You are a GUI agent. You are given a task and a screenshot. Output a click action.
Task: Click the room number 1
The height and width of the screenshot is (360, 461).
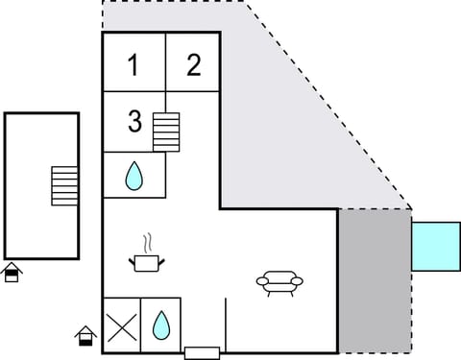pos(133,65)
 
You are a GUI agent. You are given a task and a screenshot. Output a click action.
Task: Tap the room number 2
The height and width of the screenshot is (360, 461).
pos(194,65)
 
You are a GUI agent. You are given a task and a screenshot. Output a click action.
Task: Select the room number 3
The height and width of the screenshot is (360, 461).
pos(134,122)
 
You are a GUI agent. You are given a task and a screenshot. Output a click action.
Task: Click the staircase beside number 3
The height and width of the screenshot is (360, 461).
pos(166,132)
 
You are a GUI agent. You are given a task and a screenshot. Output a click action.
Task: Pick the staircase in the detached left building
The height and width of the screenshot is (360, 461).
pos(64,184)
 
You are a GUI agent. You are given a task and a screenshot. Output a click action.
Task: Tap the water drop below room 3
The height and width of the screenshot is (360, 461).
pos(134,175)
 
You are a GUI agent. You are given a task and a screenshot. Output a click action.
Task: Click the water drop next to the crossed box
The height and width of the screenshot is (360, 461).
pos(161,326)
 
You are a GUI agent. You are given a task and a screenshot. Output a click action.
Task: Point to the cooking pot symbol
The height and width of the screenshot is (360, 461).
pos(145,262)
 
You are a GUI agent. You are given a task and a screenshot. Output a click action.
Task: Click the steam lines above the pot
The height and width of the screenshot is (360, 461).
pos(146,241)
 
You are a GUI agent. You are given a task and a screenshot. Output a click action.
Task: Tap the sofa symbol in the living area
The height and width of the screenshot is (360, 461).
pos(279,281)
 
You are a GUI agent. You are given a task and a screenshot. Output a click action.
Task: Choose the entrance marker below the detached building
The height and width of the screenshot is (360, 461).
pos(12,272)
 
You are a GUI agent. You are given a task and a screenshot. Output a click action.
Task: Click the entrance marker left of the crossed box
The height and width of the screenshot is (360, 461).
pos(85,335)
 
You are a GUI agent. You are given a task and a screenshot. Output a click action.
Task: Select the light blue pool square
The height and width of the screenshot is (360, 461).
pos(436,246)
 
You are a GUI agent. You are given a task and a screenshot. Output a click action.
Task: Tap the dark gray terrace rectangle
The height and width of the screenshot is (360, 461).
pos(375,280)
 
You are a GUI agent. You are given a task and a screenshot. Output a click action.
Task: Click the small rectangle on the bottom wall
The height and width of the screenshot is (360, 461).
pos(203,352)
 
